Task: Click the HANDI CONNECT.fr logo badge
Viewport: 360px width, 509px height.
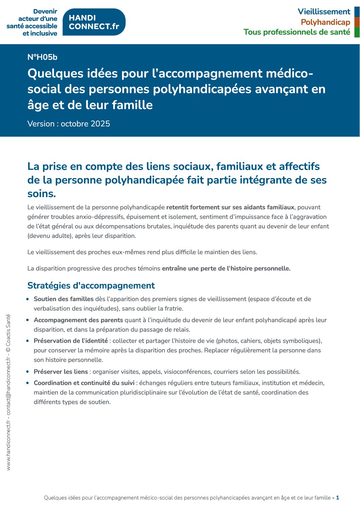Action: (x=94, y=22)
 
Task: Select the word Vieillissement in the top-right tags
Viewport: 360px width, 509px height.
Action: (x=324, y=12)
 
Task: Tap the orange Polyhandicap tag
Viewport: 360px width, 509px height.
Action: (x=325, y=22)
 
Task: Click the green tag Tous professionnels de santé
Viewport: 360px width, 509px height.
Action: (x=296, y=32)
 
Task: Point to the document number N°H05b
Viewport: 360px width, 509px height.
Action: (x=42, y=57)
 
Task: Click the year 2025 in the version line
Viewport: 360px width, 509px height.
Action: (x=100, y=124)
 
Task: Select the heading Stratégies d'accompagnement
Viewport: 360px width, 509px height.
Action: (x=91, y=285)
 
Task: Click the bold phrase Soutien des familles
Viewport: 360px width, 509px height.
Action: (x=64, y=299)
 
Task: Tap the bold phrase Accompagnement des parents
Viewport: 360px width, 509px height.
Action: (x=78, y=320)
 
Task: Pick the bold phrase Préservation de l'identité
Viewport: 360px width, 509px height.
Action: (x=71, y=341)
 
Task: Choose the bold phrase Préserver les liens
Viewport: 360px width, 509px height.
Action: (x=61, y=372)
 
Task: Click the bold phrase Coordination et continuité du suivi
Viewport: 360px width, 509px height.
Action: (x=84, y=383)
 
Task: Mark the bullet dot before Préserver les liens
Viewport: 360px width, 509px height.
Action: (x=28, y=372)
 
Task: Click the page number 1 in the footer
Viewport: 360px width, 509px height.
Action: (x=338, y=498)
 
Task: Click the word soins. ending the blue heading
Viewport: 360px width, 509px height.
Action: (x=41, y=194)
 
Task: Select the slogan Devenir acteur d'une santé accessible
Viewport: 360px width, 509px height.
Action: (x=32, y=22)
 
